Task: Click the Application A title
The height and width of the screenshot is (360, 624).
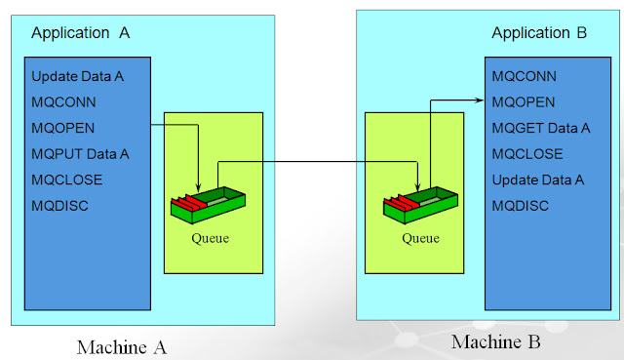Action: pyautogui.click(x=81, y=32)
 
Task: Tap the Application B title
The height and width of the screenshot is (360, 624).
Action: pyautogui.click(x=539, y=33)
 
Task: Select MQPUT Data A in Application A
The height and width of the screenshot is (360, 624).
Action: pyautogui.click(x=80, y=154)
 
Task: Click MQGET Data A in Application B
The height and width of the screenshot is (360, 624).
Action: pyautogui.click(x=541, y=128)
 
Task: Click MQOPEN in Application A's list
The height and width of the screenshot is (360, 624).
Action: pyautogui.click(x=62, y=128)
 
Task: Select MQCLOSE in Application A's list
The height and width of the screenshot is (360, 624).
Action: pyautogui.click(x=66, y=180)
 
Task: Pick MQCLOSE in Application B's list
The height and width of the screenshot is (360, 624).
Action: pyautogui.click(x=526, y=153)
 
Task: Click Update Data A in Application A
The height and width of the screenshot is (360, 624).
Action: pyautogui.click(x=77, y=77)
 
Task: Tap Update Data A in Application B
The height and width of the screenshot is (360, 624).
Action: pyautogui.click(x=537, y=180)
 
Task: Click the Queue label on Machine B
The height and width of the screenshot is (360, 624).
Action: pyautogui.click(x=421, y=235)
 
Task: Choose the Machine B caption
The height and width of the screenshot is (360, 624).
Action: pyautogui.click(x=495, y=341)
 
